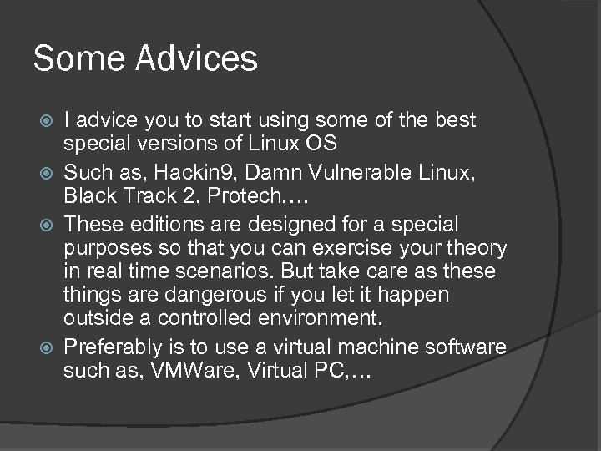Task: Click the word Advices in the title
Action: pyautogui.click(x=201, y=58)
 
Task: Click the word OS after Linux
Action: pyautogui.click(x=321, y=144)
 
